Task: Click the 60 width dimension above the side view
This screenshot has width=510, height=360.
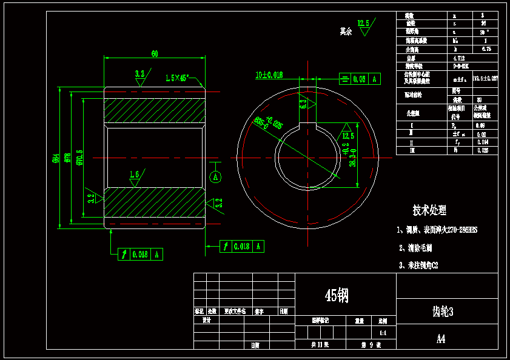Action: [x=155, y=54]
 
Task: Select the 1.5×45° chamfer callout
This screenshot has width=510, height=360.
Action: [x=178, y=78]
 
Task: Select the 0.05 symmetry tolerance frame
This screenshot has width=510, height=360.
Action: [x=359, y=79]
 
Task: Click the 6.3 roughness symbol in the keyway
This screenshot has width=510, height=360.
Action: [x=303, y=104]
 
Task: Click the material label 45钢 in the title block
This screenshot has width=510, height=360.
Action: [x=337, y=295]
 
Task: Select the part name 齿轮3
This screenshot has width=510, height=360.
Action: [x=443, y=312]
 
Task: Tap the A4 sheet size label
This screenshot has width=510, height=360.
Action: [x=441, y=339]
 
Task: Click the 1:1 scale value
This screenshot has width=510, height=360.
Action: [x=382, y=333]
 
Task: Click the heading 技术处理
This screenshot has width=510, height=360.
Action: [x=429, y=210]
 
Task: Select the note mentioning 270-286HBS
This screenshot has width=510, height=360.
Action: [x=437, y=230]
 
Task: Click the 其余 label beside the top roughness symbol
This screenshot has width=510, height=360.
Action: [x=346, y=30]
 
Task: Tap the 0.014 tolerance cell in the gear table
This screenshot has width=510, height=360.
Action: [x=482, y=142]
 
